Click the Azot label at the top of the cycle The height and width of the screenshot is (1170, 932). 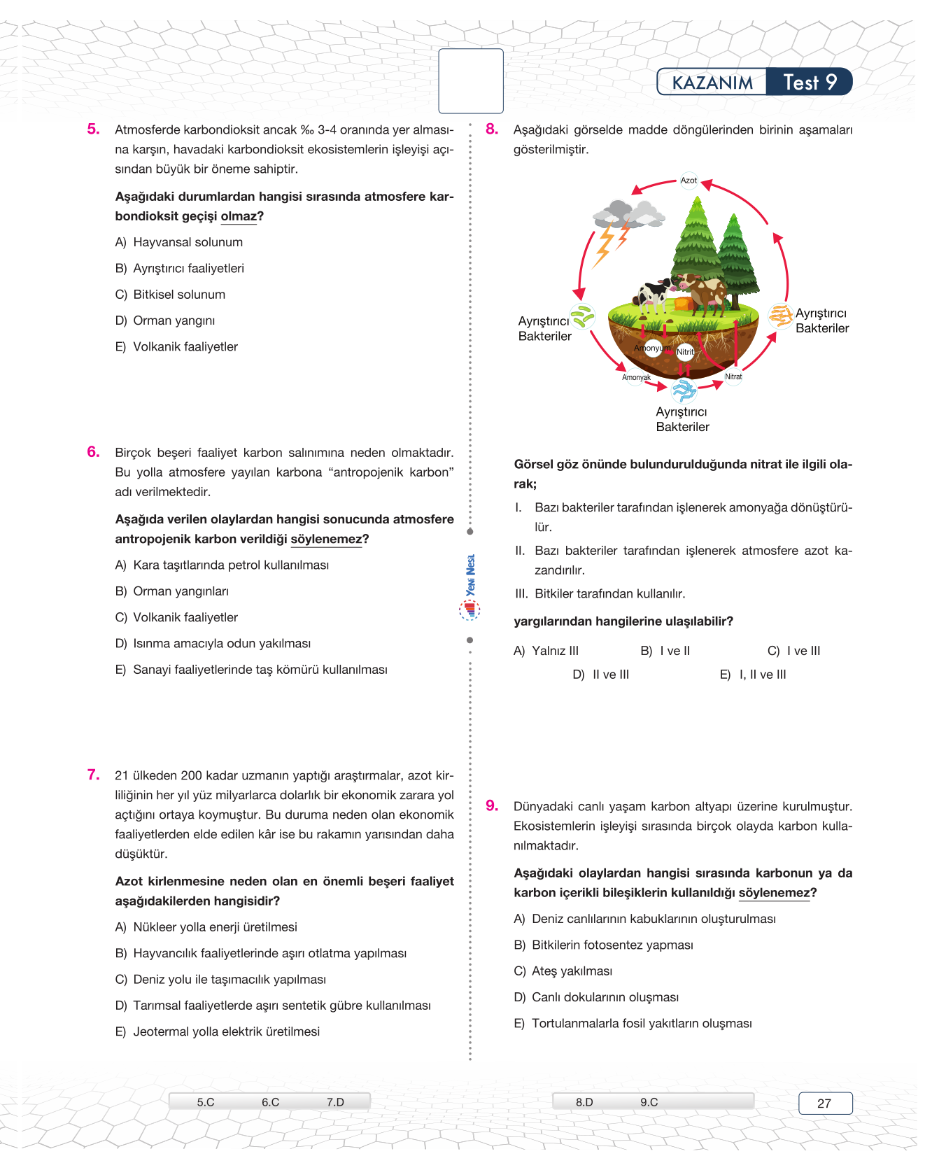[x=689, y=181]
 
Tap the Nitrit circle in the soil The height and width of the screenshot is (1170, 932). [x=685, y=352]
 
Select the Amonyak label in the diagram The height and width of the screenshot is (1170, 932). [x=636, y=378]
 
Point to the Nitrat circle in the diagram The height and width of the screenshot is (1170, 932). [x=733, y=376]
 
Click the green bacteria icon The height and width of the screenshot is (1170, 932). [x=582, y=317]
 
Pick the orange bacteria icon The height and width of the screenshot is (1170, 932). [x=780, y=316]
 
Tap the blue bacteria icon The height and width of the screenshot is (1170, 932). [x=684, y=390]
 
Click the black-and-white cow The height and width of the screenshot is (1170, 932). [x=654, y=294]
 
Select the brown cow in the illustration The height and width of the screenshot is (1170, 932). [x=705, y=290]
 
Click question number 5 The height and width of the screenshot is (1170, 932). [x=93, y=129]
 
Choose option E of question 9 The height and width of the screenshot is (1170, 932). [x=634, y=1024]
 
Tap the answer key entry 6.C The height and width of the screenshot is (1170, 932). [x=270, y=1102]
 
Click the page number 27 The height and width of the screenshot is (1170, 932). [x=825, y=1104]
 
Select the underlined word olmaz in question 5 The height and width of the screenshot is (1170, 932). [x=239, y=217]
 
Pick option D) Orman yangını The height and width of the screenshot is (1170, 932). [x=165, y=321]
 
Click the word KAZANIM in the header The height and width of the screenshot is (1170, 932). [x=712, y=83]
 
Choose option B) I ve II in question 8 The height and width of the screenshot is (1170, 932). [x=665, y=651]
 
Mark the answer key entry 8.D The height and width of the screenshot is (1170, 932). [x=584, y=1102]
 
